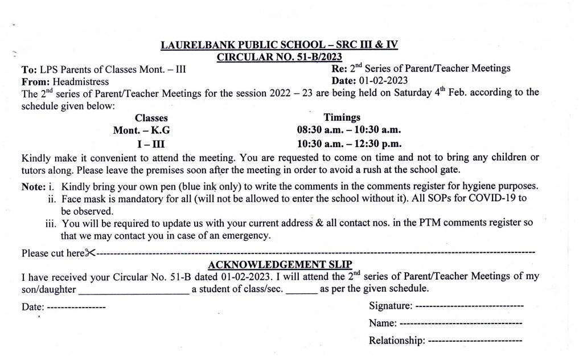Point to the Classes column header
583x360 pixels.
pyautogui.click(x=151, y=118)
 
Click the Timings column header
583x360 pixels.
pyautogui.click(x=342, y=117)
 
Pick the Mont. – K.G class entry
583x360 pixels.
pyautogui.click(x=141, y=130)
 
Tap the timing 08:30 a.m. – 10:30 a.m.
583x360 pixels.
pyautogui.click(x=353, y=130)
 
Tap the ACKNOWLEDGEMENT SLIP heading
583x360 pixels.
pyautogui.click(x=280, y=264)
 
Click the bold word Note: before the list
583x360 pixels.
pyautogui.click(x=33, y=186)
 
